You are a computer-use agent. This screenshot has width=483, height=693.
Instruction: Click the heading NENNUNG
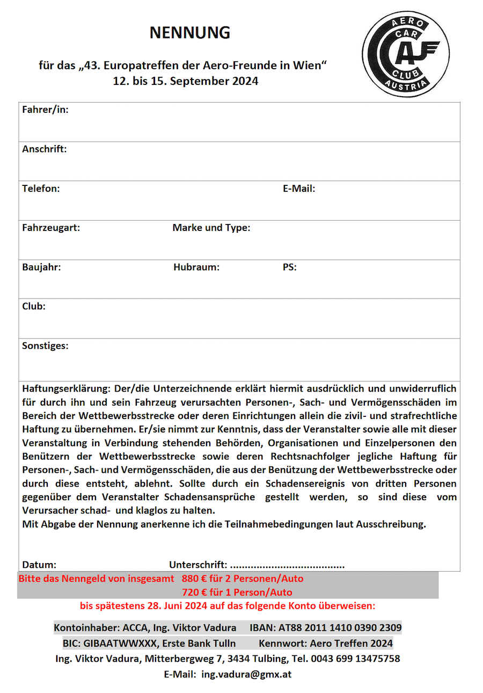(x=189, y=33)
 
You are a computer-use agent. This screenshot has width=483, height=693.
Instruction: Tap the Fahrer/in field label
(x=45, y=110)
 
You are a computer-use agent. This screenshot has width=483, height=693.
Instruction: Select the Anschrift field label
(x=45, y=149)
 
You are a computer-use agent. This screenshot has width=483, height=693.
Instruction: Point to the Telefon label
(x=41, y=189)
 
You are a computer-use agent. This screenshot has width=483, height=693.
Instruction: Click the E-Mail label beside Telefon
(x=299, y=189)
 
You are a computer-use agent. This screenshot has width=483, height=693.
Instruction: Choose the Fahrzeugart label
(x=51, y=228)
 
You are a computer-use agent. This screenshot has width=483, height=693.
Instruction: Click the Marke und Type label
(x=211, y=228)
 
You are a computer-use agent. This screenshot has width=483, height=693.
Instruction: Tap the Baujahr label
(x=41, y=267)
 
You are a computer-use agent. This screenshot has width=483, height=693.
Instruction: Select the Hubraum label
(x=196, y=267)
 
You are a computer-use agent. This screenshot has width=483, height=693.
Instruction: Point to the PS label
(x=289, y=267)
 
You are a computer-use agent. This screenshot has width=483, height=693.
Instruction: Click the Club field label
(x=34, y=306)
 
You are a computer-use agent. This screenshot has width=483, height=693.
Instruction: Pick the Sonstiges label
(x=45, y=345)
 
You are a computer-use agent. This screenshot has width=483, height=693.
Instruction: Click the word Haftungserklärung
(x=67, y=388)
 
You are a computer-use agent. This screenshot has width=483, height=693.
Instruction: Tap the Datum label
(x=39, y=565)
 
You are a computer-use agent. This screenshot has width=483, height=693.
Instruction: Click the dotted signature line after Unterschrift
(x=287, y=565)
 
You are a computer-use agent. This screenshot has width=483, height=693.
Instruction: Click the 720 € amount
(x=195, y=593)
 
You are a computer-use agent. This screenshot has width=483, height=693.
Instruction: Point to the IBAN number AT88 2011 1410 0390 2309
(x=340, y=627)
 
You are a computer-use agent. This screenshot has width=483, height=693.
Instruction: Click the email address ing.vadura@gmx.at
(x=246, y=674)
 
